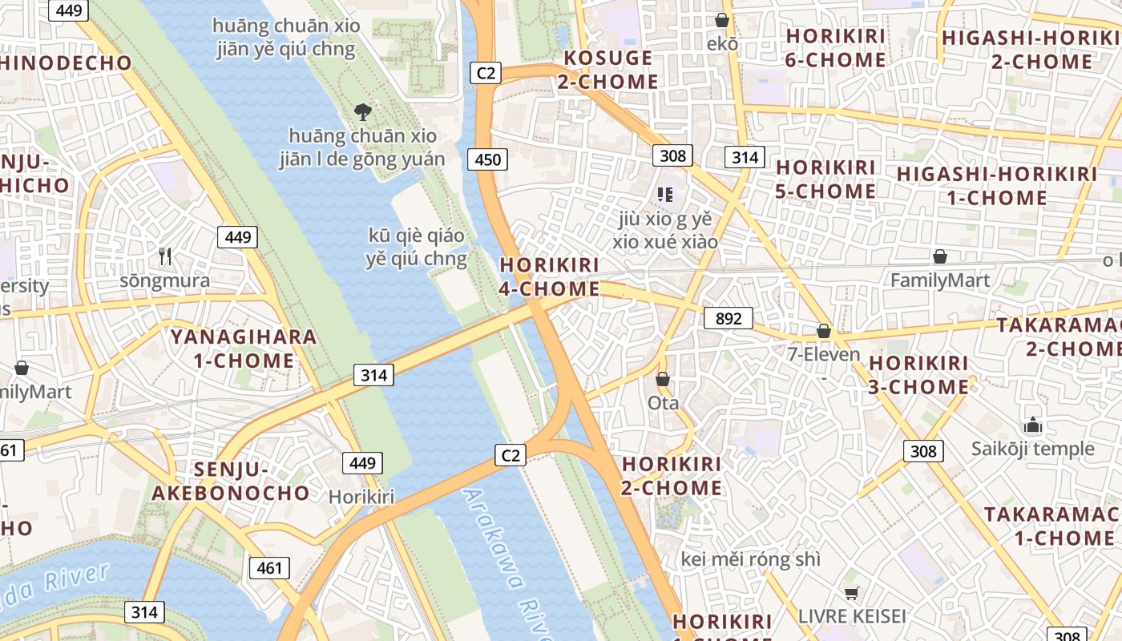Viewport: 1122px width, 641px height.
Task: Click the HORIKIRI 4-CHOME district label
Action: [x=549, y=276]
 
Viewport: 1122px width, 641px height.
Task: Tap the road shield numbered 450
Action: [x=487, y=159]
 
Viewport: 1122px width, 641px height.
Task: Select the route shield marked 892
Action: [x=728, y=318]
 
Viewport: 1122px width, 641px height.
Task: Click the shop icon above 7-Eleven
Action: [x=823, y=331]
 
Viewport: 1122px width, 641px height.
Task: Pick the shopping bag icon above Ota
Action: [x=663, y=379]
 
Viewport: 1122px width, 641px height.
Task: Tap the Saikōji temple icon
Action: [x=1033, y=425]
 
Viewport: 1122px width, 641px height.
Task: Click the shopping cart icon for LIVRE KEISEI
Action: [x=851, y=593]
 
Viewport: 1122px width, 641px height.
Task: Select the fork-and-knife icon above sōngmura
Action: [x=165, y=256]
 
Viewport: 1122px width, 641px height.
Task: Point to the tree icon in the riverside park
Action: [x=362, y=111]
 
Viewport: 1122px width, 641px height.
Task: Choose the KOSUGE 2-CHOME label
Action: [x=610, y=70]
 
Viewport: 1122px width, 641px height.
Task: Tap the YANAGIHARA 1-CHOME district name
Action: [x=244, y=349]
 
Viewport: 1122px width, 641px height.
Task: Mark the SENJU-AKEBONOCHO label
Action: [x=231, y=481]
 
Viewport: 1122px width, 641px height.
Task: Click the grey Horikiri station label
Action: [x=361, y=497]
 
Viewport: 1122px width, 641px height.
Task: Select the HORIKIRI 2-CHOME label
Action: [x=672, y=476]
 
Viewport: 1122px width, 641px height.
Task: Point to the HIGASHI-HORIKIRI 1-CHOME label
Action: [x=996, y=186]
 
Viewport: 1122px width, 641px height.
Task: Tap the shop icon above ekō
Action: [x=722, y=20]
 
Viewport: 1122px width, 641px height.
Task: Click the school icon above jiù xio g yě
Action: [x=664, y=194]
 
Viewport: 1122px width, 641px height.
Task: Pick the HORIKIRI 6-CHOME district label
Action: [x=835, y=48]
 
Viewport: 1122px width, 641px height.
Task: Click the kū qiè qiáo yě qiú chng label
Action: [x=416, y=247]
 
